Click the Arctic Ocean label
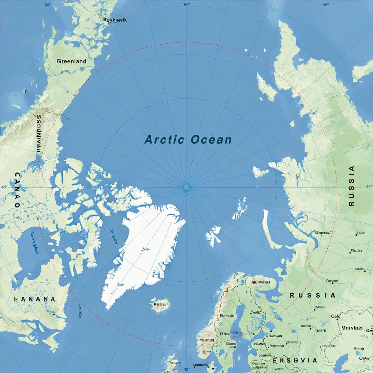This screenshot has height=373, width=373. (188, 139)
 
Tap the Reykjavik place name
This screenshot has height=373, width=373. (115, 20)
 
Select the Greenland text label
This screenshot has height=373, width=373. (71, 61)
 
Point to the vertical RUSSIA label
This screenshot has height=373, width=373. (352, 186)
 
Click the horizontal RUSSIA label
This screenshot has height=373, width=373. (312, 295)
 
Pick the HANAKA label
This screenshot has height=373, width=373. (34, 299)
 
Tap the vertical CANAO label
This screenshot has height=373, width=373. (17, 190)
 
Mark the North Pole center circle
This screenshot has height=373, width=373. (186, 187)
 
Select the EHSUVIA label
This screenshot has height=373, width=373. (295, 361)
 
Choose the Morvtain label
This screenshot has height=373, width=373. (352, 328)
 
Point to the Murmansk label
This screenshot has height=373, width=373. (261, 282)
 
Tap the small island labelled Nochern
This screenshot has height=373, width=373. (160, 304)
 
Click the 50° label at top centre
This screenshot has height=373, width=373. (187, 5)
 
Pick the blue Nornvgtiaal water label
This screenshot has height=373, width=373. (34, 243)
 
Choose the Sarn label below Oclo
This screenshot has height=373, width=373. (321, 330)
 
